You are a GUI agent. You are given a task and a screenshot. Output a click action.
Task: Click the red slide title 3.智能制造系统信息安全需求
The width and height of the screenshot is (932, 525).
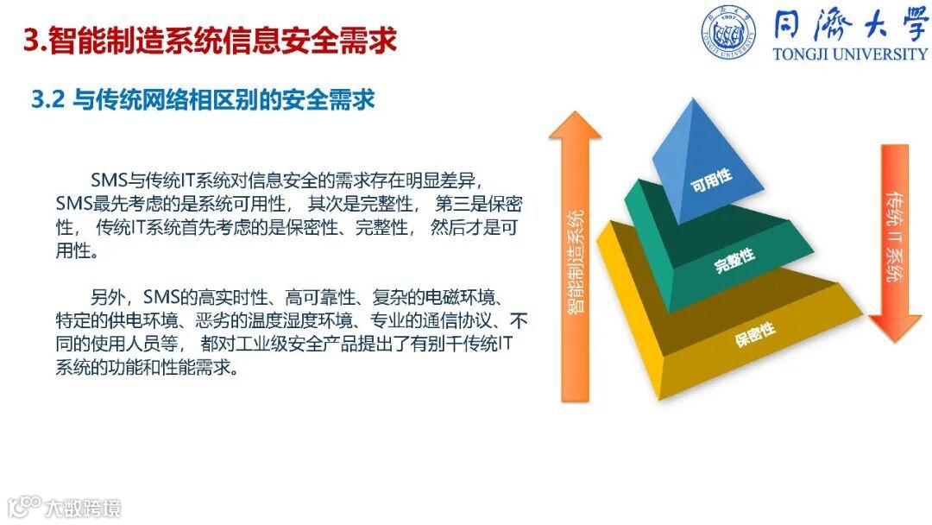click(210, 41)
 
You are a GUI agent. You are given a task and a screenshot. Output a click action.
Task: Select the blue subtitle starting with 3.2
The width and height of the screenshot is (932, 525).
click(204, 99)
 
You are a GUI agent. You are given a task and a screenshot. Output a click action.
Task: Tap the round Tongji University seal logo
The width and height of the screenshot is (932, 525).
click(728, 32)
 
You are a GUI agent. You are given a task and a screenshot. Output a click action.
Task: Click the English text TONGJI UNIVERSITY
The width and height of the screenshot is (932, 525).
click(850, 54)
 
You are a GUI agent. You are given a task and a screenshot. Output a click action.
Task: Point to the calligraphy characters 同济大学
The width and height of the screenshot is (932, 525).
click(850, 26)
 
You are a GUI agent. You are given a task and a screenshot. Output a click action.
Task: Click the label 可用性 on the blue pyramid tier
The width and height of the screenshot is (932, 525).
click(711, 180)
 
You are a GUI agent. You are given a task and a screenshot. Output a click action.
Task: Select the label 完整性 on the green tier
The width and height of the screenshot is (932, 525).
click(734, 260)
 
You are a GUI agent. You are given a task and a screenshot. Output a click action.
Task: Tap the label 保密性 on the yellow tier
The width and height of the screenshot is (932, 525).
click(755, 334)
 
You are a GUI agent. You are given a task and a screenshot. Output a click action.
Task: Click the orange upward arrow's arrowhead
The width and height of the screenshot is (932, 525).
click(575, 125)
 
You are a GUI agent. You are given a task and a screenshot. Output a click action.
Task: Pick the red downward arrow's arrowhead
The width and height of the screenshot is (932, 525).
click(895, 327)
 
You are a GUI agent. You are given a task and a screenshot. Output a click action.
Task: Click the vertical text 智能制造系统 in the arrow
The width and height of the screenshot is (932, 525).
click(576, 261)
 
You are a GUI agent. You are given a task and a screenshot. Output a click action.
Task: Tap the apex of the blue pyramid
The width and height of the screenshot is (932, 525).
click(693, 98)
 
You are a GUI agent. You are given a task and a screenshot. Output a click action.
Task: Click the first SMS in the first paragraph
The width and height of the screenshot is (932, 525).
click(110, 180)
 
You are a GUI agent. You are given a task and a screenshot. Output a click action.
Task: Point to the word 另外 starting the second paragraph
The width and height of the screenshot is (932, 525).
click(108, 297)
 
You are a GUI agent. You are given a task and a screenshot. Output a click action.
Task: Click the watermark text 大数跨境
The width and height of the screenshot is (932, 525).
click(83, 509)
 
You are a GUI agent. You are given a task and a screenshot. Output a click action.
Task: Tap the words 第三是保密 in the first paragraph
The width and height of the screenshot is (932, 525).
click(479, 203)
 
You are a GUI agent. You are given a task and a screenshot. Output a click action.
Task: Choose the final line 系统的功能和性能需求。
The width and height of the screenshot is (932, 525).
click(148, 367)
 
